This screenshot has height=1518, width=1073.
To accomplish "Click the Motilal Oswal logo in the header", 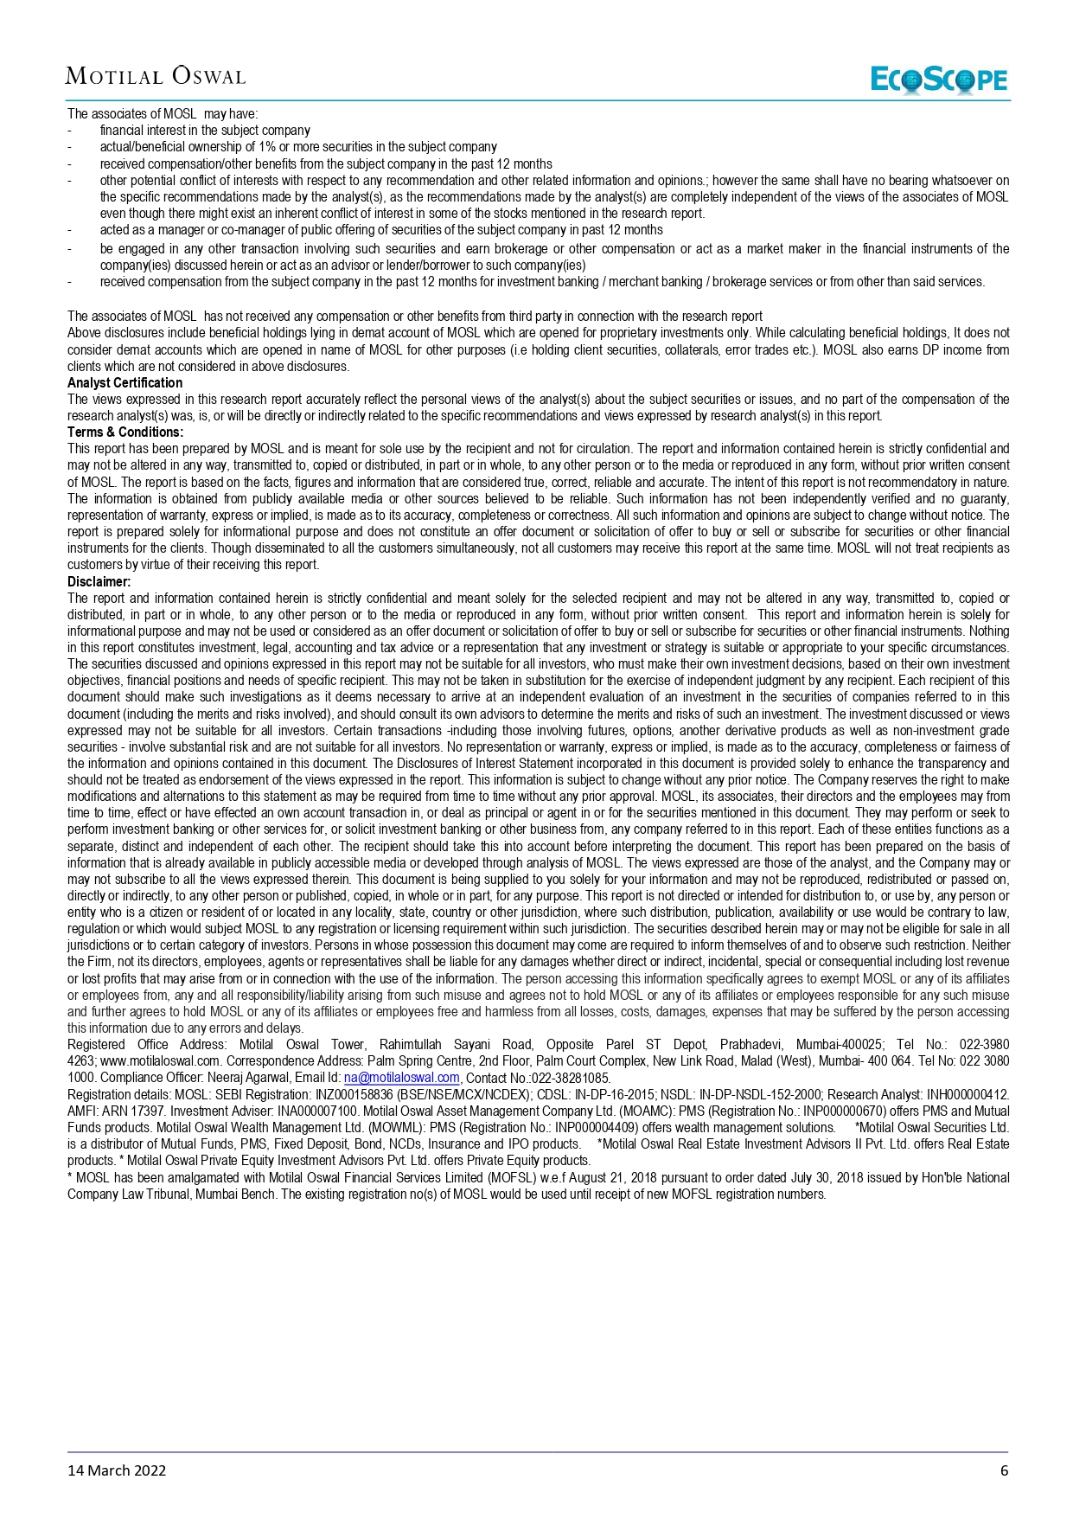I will tap(156, 77).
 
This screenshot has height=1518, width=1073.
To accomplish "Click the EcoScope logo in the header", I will tap(939, 80).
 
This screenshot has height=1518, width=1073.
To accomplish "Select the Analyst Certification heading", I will tap(125, 382).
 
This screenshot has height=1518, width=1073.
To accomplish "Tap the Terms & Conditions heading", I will tap(125, 432).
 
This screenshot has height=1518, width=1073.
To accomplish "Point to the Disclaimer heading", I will tap(99, 581).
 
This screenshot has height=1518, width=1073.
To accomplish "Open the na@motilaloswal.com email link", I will tap(401, 1078).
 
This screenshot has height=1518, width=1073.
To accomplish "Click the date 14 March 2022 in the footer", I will tap(117, 1470).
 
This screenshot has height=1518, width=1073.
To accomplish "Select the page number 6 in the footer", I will tap(1004, 1470).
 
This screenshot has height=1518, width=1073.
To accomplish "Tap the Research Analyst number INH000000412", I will tap(967, 1094).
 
